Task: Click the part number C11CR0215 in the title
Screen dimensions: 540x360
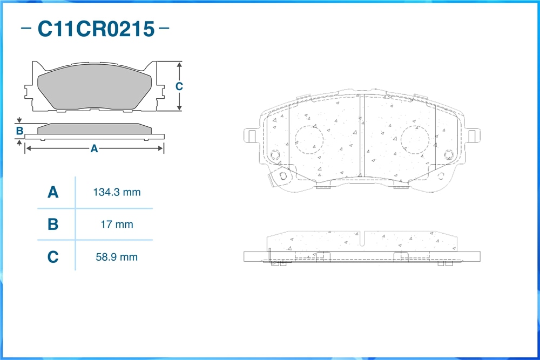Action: (96, 29)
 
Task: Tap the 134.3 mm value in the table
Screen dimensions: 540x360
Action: (117, 192)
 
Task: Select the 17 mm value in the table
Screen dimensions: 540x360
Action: (117, 225)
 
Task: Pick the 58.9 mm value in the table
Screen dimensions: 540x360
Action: (117, 257)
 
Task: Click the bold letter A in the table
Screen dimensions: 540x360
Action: (53, 192)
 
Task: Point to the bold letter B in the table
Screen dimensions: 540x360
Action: (53, 225)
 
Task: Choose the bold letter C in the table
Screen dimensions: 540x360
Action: (53, 257)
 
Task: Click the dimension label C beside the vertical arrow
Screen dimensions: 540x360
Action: (179, 86)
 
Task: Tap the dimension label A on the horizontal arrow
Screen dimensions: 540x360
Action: (94, 148)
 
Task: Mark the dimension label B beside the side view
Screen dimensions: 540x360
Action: (19, 131)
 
